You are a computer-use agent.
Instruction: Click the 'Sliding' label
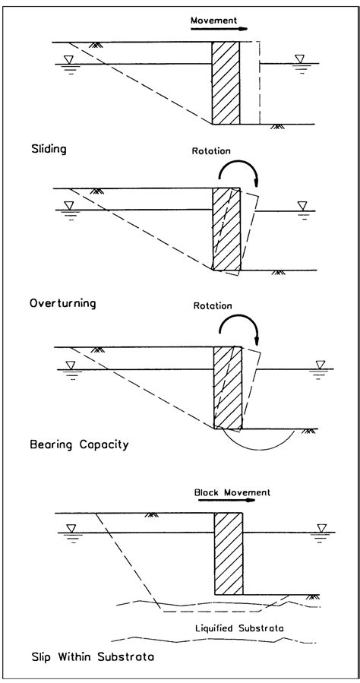48,150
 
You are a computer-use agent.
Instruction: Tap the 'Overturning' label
62,303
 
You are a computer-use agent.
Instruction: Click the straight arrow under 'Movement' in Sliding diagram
219,29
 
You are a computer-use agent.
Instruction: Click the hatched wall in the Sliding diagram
226,83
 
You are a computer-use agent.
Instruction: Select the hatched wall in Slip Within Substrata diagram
229,553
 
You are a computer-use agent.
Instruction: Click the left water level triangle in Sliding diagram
69,60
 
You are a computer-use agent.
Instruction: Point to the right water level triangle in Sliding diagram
303,59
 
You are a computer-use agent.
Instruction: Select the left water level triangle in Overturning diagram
71,206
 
